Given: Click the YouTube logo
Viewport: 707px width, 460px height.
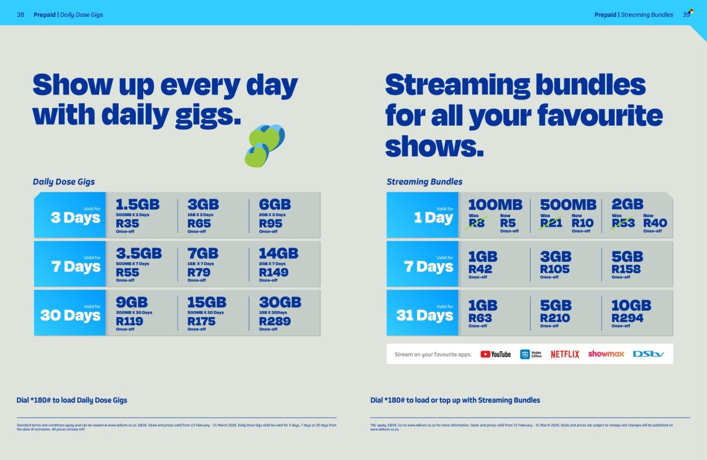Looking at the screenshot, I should click(x=495, y=354).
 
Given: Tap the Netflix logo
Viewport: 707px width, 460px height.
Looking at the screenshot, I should click(x=565, y=354).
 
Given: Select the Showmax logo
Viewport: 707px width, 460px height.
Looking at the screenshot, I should click(x=606, y=354).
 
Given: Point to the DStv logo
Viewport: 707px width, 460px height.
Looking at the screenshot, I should click(x=648, y=354).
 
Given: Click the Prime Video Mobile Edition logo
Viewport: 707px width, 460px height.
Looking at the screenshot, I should click(x=531, y=354).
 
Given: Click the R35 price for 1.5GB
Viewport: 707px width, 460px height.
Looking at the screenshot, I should click(x=127, y=223).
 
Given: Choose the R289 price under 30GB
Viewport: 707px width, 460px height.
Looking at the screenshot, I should click(x=274, y=321).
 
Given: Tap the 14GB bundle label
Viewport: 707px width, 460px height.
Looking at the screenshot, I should click(x=279, y=253).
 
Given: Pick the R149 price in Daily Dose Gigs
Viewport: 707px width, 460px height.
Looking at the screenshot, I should click(x=273, y=272).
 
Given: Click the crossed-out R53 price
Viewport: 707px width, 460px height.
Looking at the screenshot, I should click(x=623, y=223).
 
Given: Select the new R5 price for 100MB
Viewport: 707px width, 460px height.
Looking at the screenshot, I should click(x=508, y=223).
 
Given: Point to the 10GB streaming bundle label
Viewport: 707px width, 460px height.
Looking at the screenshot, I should click(x=631, y=306).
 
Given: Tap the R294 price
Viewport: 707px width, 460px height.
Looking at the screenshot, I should click(x=627, y=318).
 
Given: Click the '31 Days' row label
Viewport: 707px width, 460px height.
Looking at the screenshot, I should click(x=425, y=315).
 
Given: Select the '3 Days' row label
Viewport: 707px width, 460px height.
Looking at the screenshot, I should click(x=75, y=218).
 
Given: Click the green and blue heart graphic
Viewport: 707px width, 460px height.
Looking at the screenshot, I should click(x=264, y=145).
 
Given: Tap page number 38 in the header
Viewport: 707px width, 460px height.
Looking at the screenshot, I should click(x=20, y=14).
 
